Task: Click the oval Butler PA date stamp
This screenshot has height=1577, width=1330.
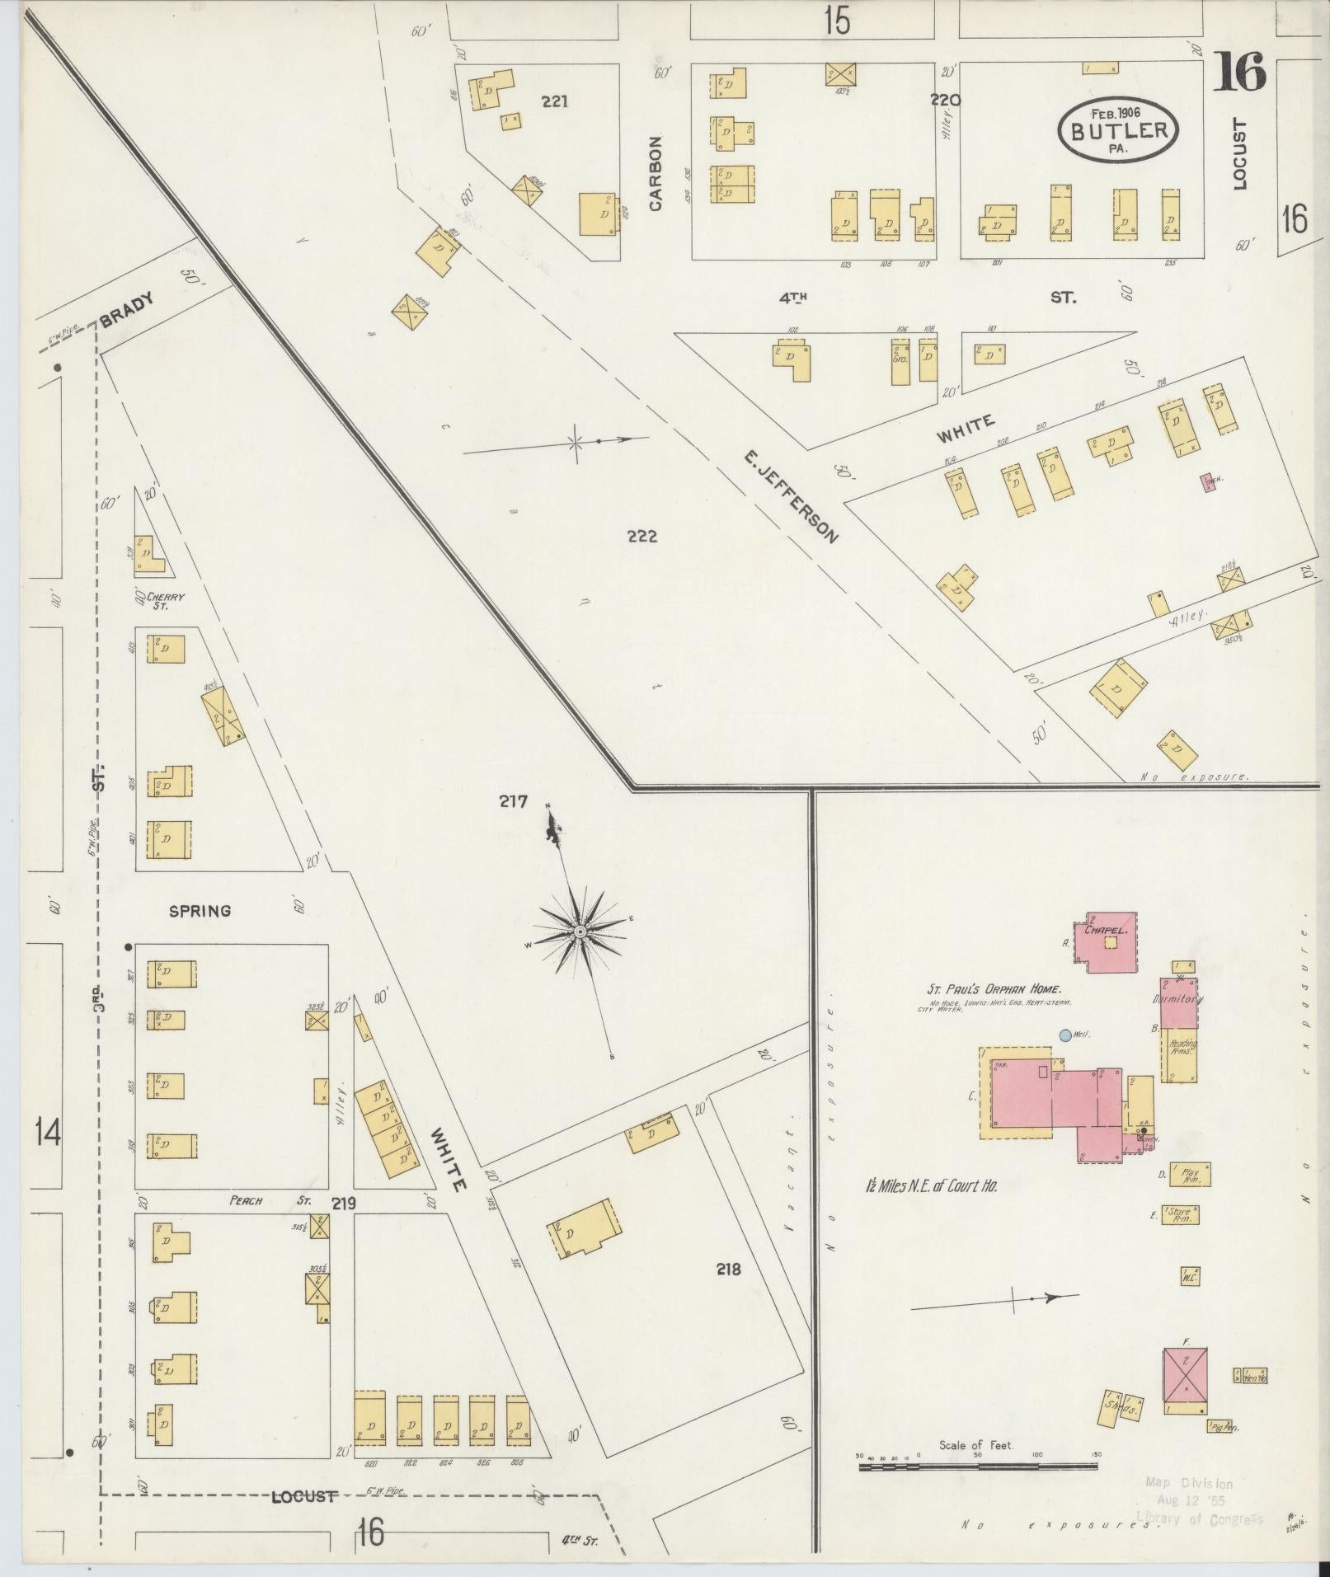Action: click(1119, 130)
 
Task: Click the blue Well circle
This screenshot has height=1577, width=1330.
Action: click(1065, 1035)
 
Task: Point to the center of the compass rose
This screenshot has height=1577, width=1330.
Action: click(580, 932)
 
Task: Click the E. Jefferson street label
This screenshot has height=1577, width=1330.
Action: click(790, 496)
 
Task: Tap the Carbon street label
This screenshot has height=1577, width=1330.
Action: click(656, 174)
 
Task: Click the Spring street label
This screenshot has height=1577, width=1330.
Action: click(200, 911)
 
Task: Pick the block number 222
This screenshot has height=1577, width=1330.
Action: click(642, 537)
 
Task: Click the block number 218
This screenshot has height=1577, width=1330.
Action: click(728, 1269)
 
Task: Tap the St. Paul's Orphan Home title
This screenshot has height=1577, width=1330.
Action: click(991, 990)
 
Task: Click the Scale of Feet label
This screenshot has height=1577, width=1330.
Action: click(976, 1445)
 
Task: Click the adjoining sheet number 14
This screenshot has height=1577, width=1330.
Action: click(47, 1133)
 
